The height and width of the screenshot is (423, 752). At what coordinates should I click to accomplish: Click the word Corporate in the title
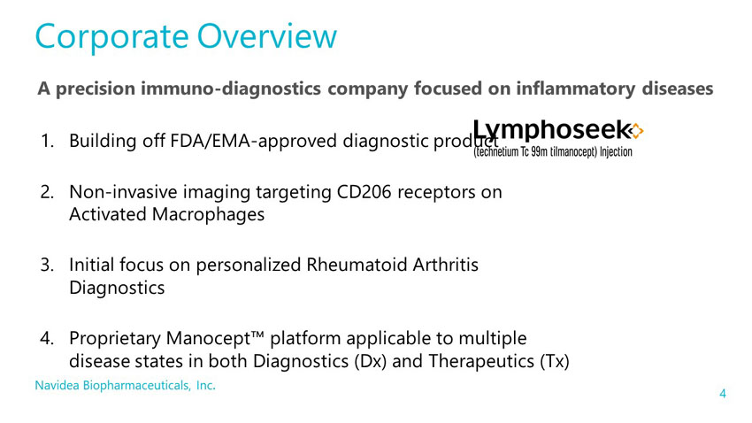point(111,37)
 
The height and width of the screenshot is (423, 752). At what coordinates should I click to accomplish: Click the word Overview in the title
point(267,36)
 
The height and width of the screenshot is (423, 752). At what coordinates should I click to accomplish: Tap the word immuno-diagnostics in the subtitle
point(231,88)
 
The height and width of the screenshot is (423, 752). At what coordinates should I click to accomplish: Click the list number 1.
point(47,141)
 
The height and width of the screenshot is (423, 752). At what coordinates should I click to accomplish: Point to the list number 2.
point(47,192)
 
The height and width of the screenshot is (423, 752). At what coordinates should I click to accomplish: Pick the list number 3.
point(47,265)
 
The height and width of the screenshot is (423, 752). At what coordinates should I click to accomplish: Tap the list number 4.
point(47,338)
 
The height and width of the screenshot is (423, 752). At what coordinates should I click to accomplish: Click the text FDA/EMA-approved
point(252,142)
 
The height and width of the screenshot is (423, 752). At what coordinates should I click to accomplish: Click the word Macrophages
point(208,215)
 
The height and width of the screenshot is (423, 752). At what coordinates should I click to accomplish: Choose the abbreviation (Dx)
point(370,361)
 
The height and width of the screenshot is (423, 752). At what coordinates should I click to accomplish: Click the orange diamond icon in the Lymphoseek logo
point(636,130)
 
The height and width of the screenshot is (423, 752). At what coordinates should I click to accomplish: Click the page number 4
point(723,394)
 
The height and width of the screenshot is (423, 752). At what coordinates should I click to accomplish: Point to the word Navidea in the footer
point(58,385)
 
